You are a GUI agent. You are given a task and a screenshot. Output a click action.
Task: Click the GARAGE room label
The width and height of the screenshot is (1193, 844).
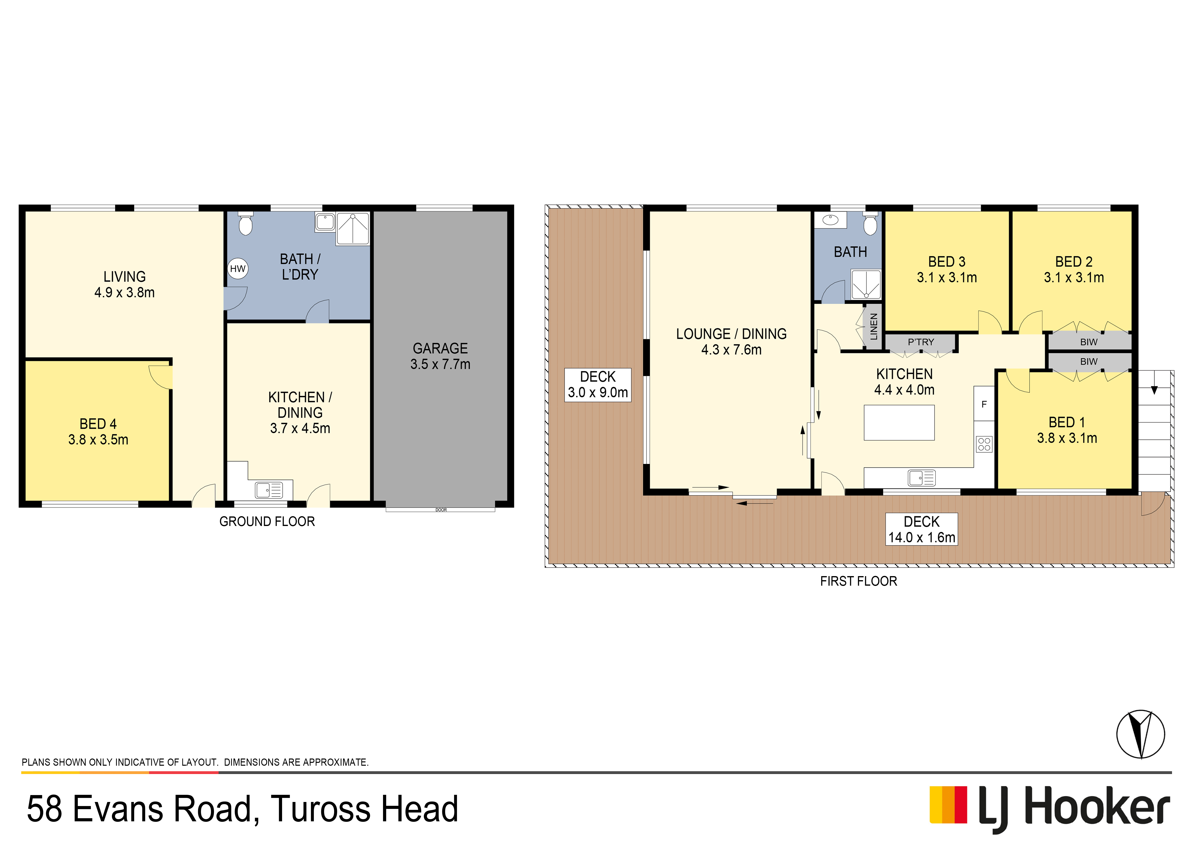(x=440, y=348)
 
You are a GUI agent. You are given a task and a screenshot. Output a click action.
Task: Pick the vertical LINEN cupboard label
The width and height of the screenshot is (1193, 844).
(x=873, y=326)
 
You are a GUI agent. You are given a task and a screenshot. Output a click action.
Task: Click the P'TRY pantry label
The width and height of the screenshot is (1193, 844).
(x=921, y=342)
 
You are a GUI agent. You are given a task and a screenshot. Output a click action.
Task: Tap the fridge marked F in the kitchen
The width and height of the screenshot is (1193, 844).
(x=984, y=404)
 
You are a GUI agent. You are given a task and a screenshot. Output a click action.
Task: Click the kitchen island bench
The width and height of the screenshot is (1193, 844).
(x=899, y=423)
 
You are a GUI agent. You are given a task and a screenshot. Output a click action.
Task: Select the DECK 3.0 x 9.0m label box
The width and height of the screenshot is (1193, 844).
(x=598, y=385)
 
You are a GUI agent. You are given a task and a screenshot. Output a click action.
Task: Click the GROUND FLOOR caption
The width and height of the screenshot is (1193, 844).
(x=267, y=521)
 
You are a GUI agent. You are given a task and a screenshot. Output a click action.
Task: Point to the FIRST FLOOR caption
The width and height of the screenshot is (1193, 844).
(x=858, y=581)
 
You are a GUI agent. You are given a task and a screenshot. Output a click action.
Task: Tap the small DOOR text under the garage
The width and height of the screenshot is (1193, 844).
(x=441, y=510)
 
